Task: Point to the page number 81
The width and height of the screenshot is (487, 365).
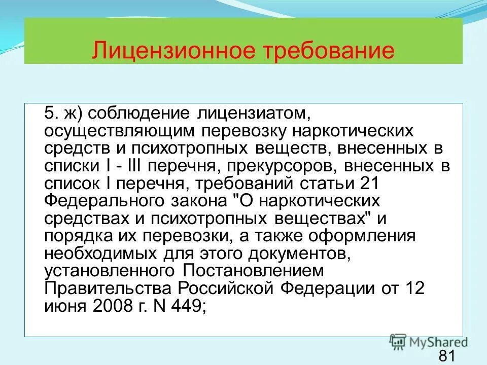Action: coord(446,356)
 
